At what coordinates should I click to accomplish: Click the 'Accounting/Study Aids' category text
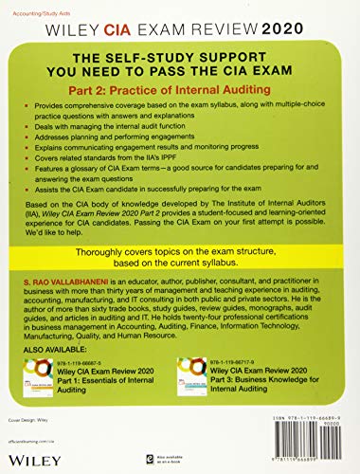(45, 9)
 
